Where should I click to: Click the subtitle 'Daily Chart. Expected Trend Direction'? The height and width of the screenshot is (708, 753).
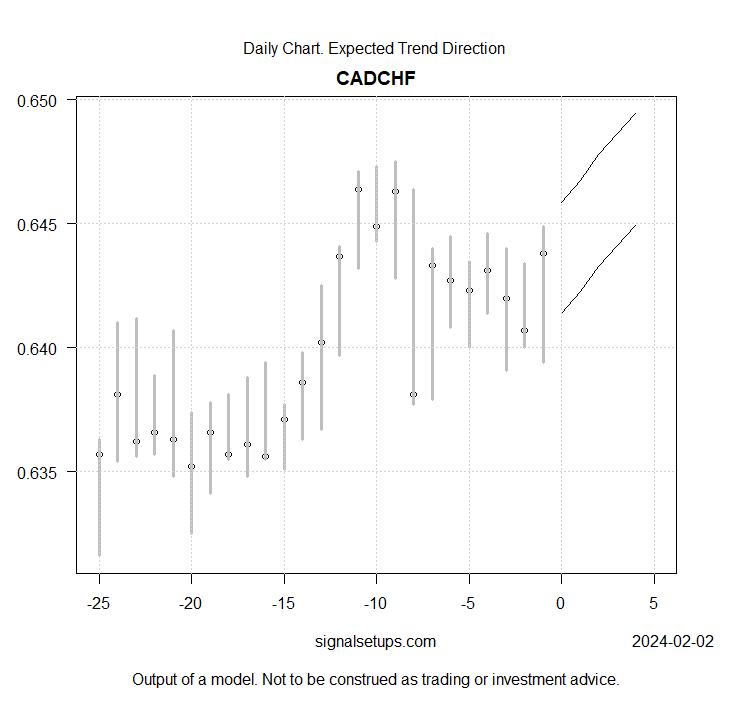point(374,48)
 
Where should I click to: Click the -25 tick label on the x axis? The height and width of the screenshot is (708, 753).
point(98,604)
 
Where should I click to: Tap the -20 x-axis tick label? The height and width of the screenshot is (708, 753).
point(191,604)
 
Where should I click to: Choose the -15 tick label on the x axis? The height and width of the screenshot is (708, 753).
point(284,604)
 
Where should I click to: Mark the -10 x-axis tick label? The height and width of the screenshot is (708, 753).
point(376,604)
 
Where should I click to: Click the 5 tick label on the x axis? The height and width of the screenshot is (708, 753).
point(654,604)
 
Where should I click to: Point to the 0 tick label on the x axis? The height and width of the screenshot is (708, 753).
point(561,604)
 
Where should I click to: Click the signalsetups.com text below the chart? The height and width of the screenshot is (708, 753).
point(375,641)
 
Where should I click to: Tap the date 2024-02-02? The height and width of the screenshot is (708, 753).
point(673,641)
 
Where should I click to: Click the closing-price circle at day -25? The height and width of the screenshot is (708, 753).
point(99,454)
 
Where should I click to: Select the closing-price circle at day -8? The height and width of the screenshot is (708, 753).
point(413,395)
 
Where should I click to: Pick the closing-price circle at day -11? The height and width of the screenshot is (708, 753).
point(358,189)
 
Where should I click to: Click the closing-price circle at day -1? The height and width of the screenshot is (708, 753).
point(543,253)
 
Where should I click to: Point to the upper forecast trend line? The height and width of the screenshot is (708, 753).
point(598,154)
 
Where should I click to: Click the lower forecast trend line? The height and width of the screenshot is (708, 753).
point(598,265)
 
